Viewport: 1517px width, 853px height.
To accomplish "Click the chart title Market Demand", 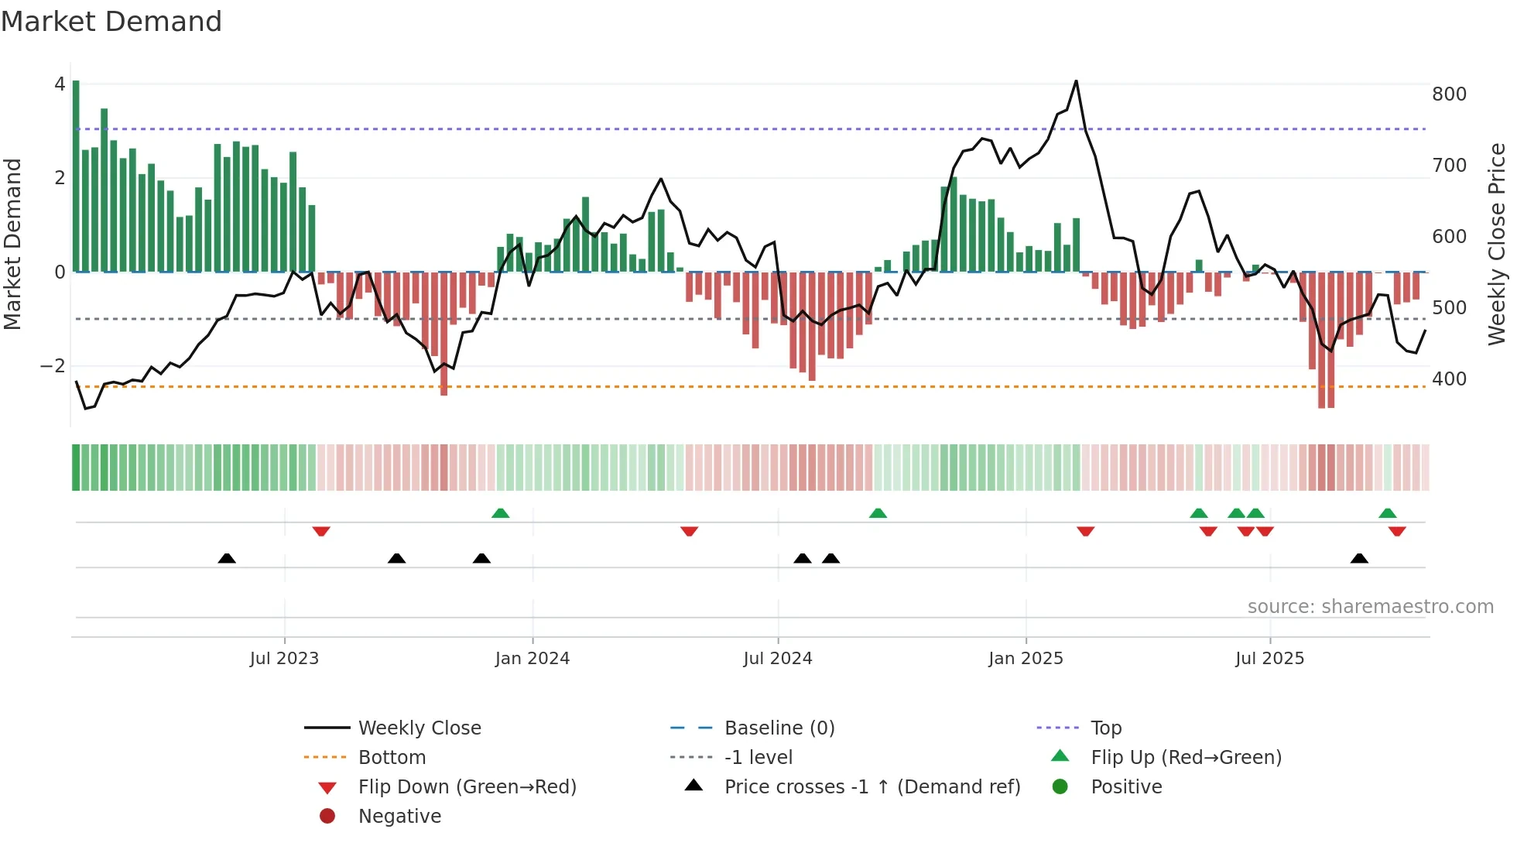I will (x=111, y=22).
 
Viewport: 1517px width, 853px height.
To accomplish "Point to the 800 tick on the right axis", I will (x=1449, y=94).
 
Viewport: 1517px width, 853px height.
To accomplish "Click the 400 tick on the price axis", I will (x=1449, y=379).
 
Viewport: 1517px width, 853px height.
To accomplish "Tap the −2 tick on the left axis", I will (x=53, y=366).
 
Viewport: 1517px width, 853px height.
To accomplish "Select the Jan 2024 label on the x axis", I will (x=532, y=659).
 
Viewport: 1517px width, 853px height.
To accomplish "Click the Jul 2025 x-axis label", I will (x=1269, y=659).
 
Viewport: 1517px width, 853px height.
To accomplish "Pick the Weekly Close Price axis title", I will (x=1497, y=244).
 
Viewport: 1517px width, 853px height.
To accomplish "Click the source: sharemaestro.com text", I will (x=1370, y=607).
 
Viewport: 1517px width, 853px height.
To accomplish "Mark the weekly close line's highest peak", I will (x=1076, y=81).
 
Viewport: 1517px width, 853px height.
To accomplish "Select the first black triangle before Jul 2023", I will (x=227, y=558).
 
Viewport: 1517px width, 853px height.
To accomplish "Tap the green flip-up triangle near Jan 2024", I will (x=501, y=513).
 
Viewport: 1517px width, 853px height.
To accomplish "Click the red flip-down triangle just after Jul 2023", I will (x=321, y=531).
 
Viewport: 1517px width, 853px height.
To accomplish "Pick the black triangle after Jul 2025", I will (x=1359, y=558).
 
